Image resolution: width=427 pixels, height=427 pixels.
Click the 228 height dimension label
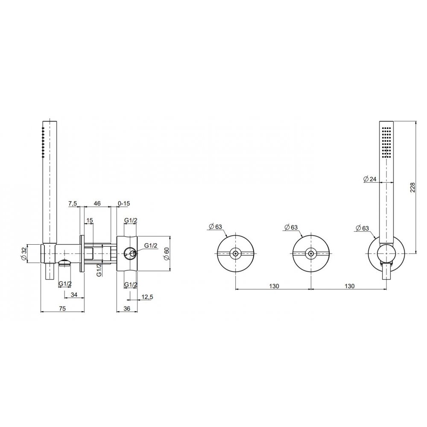(412, 187)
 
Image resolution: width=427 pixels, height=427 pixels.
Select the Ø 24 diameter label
(370, 179)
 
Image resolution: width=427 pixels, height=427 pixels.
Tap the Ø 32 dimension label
(24, 254)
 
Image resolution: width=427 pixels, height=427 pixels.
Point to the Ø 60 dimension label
(166, 254)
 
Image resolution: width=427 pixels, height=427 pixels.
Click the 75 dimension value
(62, 309)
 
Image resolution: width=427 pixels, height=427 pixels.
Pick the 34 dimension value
(74, 294)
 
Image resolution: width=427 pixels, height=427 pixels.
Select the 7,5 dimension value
(73, 203)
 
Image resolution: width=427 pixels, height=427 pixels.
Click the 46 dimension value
(97, 203)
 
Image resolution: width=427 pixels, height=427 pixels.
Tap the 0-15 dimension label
(124, 203)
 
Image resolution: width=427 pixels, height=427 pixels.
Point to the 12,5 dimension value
(147, 297)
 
